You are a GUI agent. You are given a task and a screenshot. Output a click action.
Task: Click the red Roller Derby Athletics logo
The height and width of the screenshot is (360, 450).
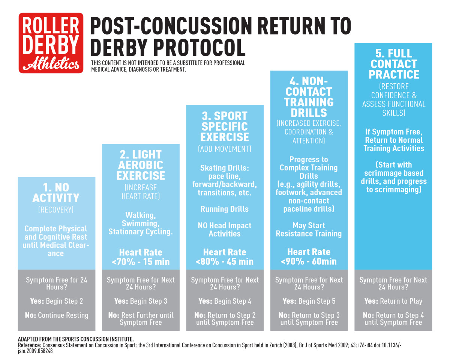pos(51,43)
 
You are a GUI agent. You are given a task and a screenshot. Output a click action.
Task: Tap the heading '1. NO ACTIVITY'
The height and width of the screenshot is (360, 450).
pos(56,193)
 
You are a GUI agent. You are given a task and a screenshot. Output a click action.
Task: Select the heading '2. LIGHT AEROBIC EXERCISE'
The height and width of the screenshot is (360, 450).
pos(141,165)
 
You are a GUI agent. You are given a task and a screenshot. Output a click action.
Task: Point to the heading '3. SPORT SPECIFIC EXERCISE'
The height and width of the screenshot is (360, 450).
pos(225,126)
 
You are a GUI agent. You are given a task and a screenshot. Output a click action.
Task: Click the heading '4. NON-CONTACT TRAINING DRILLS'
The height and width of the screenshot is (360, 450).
pos(309,97)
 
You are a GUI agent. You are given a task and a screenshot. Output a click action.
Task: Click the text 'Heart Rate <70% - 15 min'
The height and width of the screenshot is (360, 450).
pos(141,257)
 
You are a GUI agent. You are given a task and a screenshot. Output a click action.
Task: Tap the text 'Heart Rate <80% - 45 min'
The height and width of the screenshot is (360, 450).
pos(225,257)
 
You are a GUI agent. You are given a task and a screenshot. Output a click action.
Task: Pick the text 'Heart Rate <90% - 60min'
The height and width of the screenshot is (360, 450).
pos(309,256)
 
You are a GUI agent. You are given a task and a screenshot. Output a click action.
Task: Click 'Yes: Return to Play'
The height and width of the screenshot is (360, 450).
pos(393,301)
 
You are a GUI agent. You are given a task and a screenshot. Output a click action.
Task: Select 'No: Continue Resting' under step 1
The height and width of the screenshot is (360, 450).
pos(57,315)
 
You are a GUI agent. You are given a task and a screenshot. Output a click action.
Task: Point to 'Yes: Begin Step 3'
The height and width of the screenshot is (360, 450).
pos(141,301)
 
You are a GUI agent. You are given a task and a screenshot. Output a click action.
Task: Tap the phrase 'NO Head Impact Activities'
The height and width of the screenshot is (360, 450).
pos(225,230)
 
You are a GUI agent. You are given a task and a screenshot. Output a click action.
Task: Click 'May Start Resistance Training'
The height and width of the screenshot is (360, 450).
pos(309,229)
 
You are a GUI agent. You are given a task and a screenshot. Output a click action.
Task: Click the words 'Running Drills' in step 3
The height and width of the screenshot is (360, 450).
pos(225,209)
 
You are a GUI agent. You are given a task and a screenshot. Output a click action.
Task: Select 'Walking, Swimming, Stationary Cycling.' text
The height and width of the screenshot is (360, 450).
pos(141,223)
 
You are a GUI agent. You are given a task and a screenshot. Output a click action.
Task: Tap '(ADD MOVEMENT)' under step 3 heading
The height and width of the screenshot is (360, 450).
pos(225,149)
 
